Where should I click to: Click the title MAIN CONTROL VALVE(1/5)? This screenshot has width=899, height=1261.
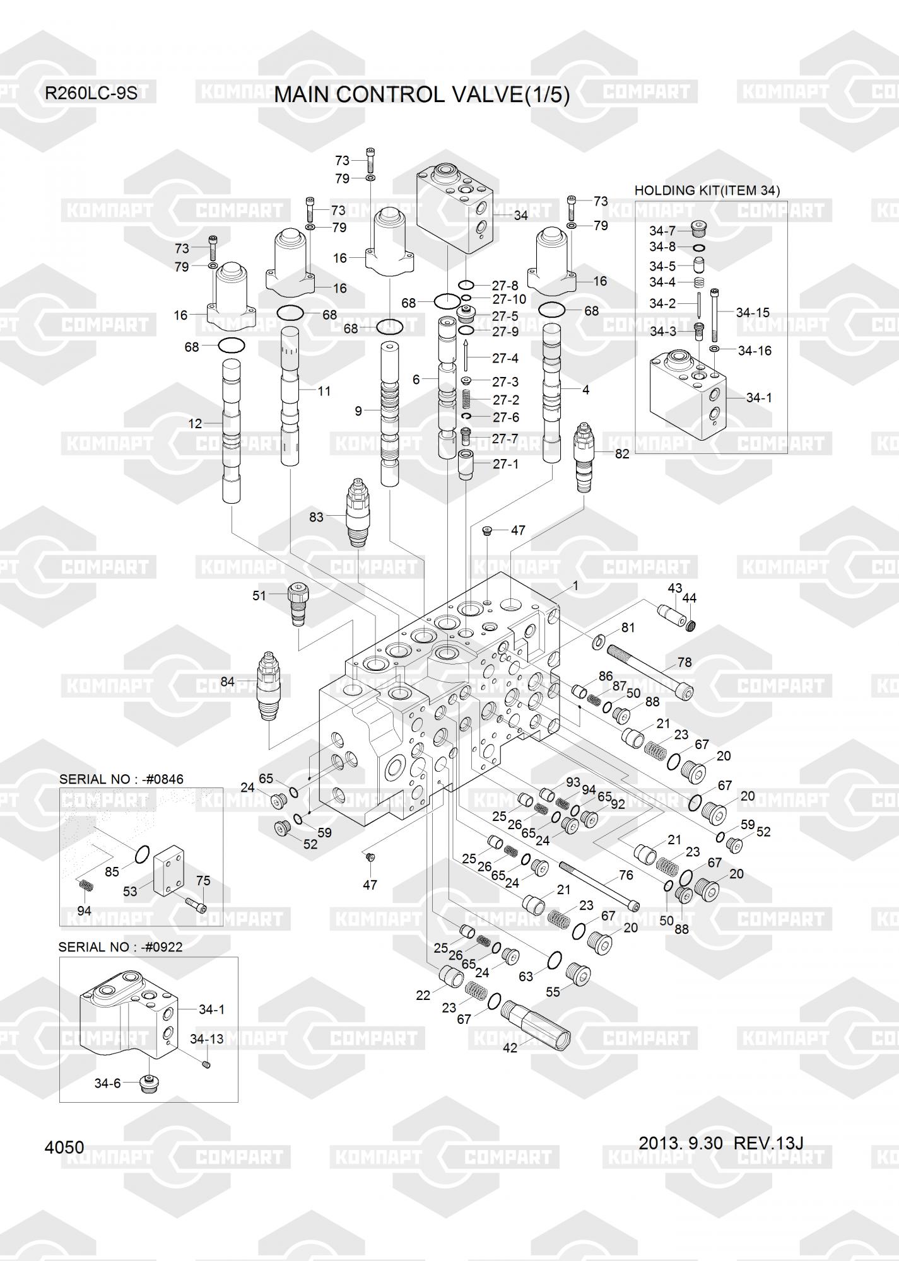421,95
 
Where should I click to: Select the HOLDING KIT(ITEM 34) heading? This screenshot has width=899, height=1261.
707,190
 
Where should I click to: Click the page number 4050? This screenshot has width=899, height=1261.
64,1147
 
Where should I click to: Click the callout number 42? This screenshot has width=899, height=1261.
510,1047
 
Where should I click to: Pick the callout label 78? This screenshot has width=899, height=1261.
684,662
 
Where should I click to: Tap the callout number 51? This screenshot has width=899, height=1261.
259,595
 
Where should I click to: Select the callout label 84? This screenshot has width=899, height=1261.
227,682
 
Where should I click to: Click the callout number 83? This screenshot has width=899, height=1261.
315,517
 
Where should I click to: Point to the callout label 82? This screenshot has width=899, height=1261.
622,453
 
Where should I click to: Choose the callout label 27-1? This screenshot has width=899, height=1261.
505,464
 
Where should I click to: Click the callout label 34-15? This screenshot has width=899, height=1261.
753,312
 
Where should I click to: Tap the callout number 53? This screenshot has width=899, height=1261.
130,892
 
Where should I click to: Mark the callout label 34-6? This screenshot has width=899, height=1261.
107,1083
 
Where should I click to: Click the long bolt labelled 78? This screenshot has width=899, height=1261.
650,672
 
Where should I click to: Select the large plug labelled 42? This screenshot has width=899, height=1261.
539,1022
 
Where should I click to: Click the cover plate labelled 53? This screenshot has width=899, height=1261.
170,869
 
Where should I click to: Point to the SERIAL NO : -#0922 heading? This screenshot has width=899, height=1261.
120,947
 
